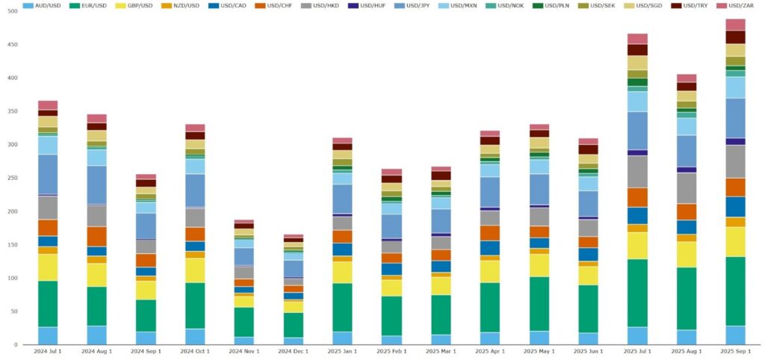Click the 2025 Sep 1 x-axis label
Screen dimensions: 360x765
pos(735,351)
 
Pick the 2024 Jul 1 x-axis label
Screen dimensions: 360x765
pos(48,351)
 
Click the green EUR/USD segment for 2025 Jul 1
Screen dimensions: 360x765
pos(637,293)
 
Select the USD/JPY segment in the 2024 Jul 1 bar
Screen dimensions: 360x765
pos(48,174)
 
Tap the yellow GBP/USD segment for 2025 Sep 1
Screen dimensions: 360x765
pos(735,241)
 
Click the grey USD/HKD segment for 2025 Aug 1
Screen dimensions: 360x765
pos(687,188)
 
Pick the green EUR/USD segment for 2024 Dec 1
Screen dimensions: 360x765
pos(294,325)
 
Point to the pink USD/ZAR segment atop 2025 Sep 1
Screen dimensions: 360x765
pos(735,25)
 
